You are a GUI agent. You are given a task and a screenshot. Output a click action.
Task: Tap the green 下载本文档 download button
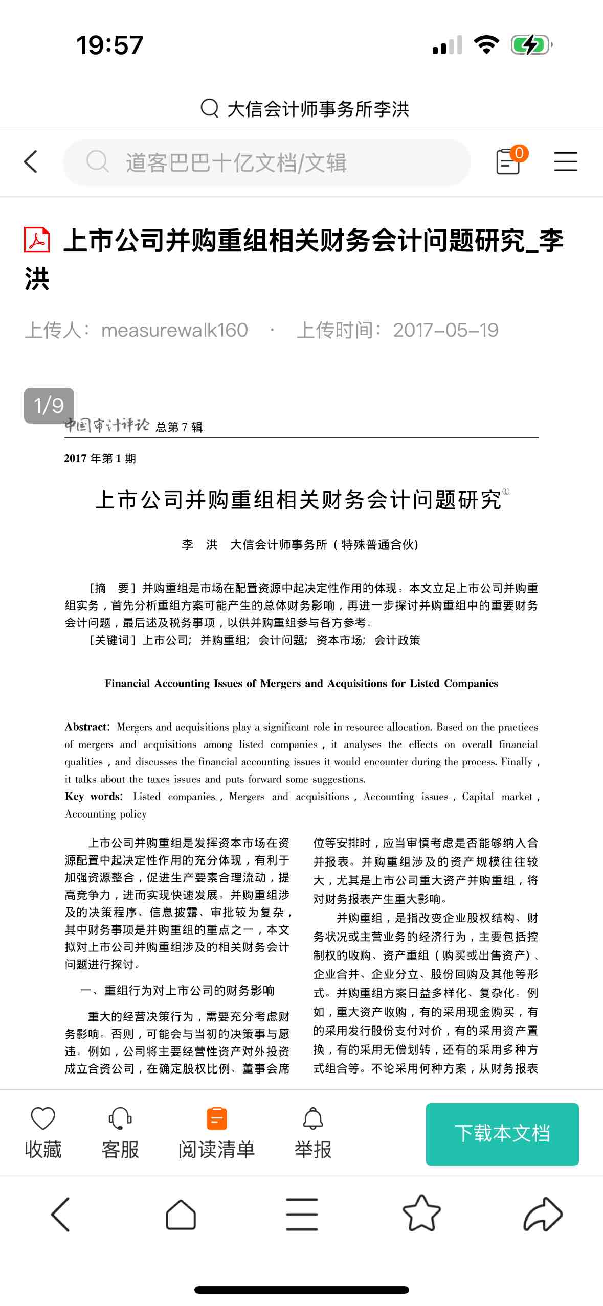[x=502, y=1134]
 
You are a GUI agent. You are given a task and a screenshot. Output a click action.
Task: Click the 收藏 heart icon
[x=43, y=1118]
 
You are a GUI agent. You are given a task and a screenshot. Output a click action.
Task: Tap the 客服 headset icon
[x=120, y=1118]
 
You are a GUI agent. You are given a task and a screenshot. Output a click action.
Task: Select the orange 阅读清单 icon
[x=216, y=1118]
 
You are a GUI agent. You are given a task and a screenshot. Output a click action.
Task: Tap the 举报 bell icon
[x=313, y=1118]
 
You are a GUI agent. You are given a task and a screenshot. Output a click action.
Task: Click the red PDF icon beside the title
[x=37, y=240]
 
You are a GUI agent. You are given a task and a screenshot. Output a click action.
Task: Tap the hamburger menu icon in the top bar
[x=565, y=161]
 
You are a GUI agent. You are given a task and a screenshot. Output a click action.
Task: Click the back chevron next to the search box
[x=31, y=161]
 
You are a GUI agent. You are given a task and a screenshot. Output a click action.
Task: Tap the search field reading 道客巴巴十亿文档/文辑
[x=266, y=162]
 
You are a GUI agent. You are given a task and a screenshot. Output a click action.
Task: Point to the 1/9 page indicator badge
[x=49, y=405]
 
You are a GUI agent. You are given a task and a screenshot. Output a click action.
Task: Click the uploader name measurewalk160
[x=174, y=330]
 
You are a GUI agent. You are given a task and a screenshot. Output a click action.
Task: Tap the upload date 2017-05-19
[x=445, y=330]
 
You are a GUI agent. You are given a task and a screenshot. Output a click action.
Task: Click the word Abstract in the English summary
[x=86, y=727]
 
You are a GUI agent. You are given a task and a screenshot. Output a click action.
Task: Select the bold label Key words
[x=93, y=796]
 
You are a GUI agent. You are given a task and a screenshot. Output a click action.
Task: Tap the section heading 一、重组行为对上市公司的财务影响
[x=177, y=990]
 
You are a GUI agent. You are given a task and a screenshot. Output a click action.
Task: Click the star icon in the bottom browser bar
[x=421, y=1214]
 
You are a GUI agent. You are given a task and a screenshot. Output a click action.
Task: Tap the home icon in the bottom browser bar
[x=181, y=1214]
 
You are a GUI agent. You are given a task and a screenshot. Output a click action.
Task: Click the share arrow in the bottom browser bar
[x=543, y=1214]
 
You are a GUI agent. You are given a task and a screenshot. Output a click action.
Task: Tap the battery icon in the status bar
[x=531, y=45]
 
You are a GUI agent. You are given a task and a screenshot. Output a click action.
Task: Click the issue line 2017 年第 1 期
[x=100, y=458]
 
